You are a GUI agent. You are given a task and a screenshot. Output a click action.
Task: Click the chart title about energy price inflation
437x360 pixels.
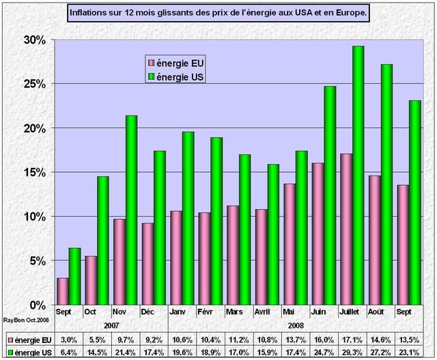point(219,13)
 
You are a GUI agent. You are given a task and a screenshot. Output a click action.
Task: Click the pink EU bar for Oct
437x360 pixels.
point(91,280)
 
